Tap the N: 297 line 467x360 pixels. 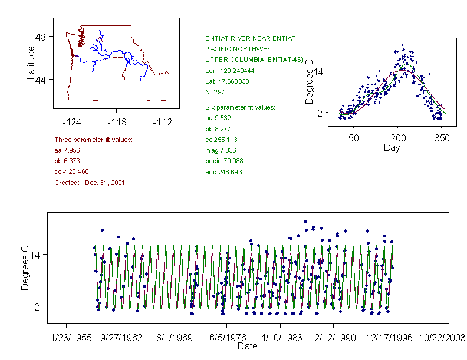pyautogui.click(x=216, y=92)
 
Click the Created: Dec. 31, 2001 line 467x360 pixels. pyautogui.click(x=90, y=183)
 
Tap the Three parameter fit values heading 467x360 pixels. pyautogui.click(x=93, y=140)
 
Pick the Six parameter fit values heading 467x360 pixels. pyautogui.click(x=236, y=107)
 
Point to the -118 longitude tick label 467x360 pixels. pyautogui.click(x=116, y=123)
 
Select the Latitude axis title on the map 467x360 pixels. pyautogui.click(x=31, y=63)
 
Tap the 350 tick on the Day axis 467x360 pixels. pyautogui.click(x=442, y=138)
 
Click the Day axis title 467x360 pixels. pyautogui.click(x=392, y=147)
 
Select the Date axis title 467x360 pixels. pyautogui.click(x=247, y=346)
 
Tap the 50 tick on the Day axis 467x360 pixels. pyautogui.click(x=354, y=138)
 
